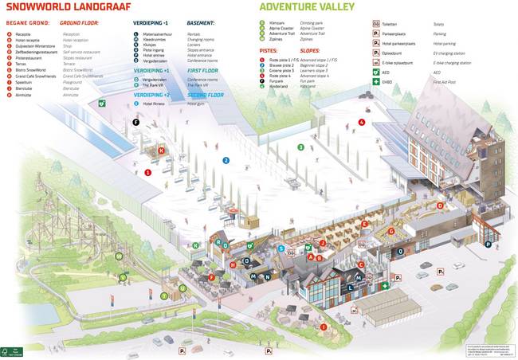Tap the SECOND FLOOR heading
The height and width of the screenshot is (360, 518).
pos(206,94)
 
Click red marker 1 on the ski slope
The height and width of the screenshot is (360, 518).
pos(147,172)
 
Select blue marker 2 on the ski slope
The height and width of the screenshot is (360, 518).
pos(226,160)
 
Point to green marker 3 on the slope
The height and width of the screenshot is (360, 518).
pos(300,147)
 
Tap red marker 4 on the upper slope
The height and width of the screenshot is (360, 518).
pos(361,122)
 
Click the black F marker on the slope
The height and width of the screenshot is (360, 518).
pos(135,123)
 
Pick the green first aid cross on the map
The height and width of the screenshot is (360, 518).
pos(385,285)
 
